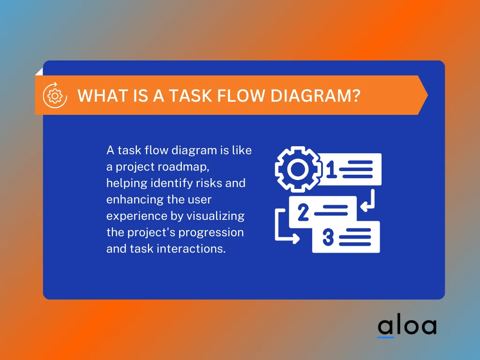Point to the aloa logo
(x=407, y=326)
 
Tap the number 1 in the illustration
(x=331, y=169)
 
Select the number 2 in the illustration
(x=303, y=213)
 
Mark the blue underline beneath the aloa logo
(x=386, y=337)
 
